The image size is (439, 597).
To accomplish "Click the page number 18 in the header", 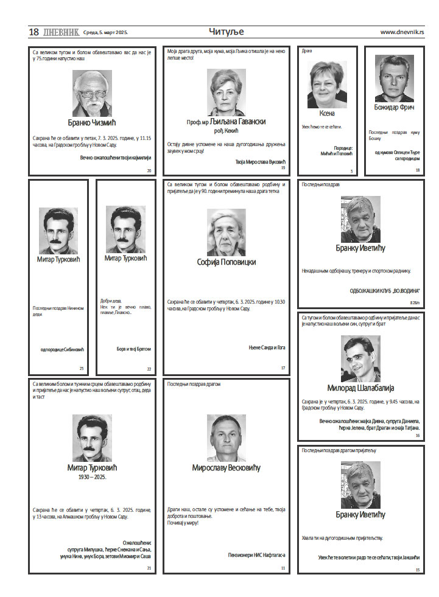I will pyautogui.click(x=34, y=32).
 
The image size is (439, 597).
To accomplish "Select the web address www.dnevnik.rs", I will pyautogui.click(x=402, y=32).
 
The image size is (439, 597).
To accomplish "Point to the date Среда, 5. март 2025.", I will pyautogui.click(x=105, y=32).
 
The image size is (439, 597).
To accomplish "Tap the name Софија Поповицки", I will pyautogui.click(x=226, y=262).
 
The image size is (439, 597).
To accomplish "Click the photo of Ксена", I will pyautogui.click(x=327, y=84).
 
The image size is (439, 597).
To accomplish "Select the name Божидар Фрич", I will pyautogui.click(x=394, y=108).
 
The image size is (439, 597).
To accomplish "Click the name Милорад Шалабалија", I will pyautogui.click(x=360, y=388).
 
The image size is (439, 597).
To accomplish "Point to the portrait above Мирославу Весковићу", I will pyautogui.click(x=226, y=438).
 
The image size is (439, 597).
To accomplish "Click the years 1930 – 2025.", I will pyautogui.click(x=92, y=478).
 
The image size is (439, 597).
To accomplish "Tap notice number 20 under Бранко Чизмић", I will pyautogui.click(x=149, y=171).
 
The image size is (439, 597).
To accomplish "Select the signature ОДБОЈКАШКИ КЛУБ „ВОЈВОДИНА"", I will pyautogui.click(x=384, y=290).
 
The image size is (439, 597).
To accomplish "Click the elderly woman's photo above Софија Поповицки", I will pyautogui.click(x=226, y=232).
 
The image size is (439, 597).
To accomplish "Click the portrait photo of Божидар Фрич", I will pyautogui.click(x=394, y=79).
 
